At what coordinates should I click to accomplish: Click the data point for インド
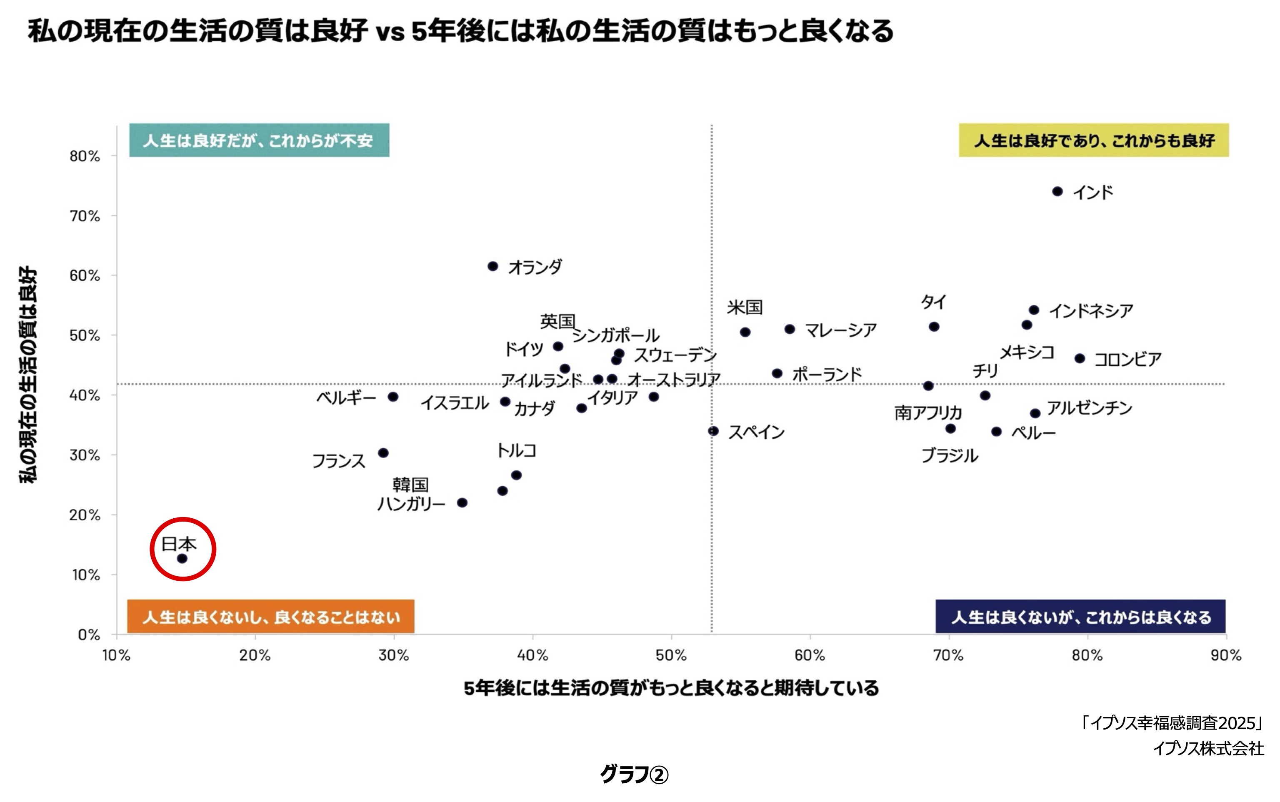(1057, 192)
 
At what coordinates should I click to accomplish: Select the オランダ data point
(493, 266)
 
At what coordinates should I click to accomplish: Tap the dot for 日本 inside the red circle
(182, 559)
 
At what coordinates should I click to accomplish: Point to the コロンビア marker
(1080, 359)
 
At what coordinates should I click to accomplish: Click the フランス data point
(383, 453)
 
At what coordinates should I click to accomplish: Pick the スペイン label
(756, 432)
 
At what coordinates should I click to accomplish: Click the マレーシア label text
(840, 330)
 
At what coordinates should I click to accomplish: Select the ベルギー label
(346, 398)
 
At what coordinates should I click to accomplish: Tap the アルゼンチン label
(1090, 408)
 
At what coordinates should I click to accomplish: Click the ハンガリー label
(411, 503)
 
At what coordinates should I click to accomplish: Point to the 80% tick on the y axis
(85, 156)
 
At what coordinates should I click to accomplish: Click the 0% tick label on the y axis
(89, 635)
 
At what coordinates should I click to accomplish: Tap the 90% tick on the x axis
(1225, 656)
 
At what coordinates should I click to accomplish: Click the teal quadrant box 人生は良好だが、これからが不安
(259, 140)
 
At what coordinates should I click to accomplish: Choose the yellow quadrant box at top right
(1093, 140)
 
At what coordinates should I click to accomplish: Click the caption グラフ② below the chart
(634, 775)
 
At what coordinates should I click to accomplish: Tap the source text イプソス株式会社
(1208, 748)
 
